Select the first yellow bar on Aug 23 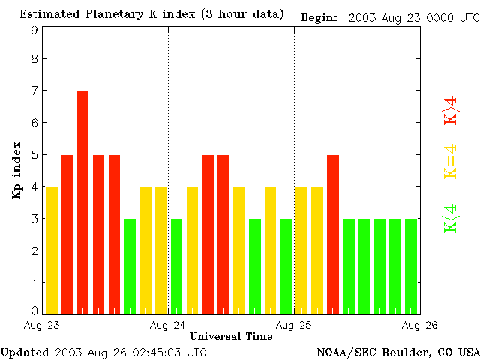coord(52,249)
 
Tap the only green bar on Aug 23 coord(130,265)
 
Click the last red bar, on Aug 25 coord(333,233)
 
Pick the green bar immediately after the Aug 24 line coord(176,265)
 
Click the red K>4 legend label coord(450,109)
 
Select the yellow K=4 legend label coord(450,162)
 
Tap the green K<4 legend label coord(450,218)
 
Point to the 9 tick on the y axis coord(34,31)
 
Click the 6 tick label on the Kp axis coord(34,123)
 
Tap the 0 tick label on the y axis coord(34,310)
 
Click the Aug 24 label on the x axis coord(168,325)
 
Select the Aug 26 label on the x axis coord(420,325)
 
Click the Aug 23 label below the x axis coord(42,325)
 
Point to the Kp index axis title coord(16,169)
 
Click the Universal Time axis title coord(231,336)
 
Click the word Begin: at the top coord(319,16)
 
